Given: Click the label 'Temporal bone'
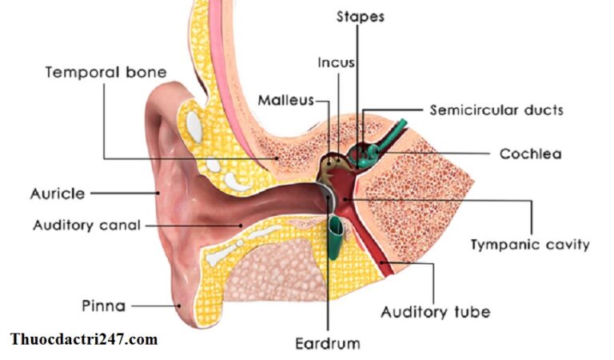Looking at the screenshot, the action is point(106,73).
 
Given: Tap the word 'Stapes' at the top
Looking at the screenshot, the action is point(361,17).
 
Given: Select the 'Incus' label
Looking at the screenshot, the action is point(337,62).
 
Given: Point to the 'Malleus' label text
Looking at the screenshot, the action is point(286,101).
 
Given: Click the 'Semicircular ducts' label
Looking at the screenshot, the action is point(496,110).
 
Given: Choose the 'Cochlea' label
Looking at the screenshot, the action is point(531,154).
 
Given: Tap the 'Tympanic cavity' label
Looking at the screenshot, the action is point(530,245).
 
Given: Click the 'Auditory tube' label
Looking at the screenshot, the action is point(436,312).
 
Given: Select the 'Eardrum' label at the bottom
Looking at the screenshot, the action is point(327,343).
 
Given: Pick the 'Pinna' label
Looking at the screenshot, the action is point(104,306).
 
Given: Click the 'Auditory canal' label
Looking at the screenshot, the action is point(86,226).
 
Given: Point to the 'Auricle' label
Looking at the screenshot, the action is point(58,194).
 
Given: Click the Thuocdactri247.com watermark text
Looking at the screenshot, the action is point(84,339).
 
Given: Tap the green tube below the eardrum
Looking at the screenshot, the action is point(335,238).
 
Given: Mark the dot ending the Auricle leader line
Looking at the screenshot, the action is point(157,193).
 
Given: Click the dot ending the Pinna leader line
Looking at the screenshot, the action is point(179,306).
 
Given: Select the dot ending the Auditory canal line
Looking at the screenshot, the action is point(241,226).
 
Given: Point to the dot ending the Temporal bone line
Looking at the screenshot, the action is point(277,158).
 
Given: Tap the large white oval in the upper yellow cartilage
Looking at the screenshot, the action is point(194,127).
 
